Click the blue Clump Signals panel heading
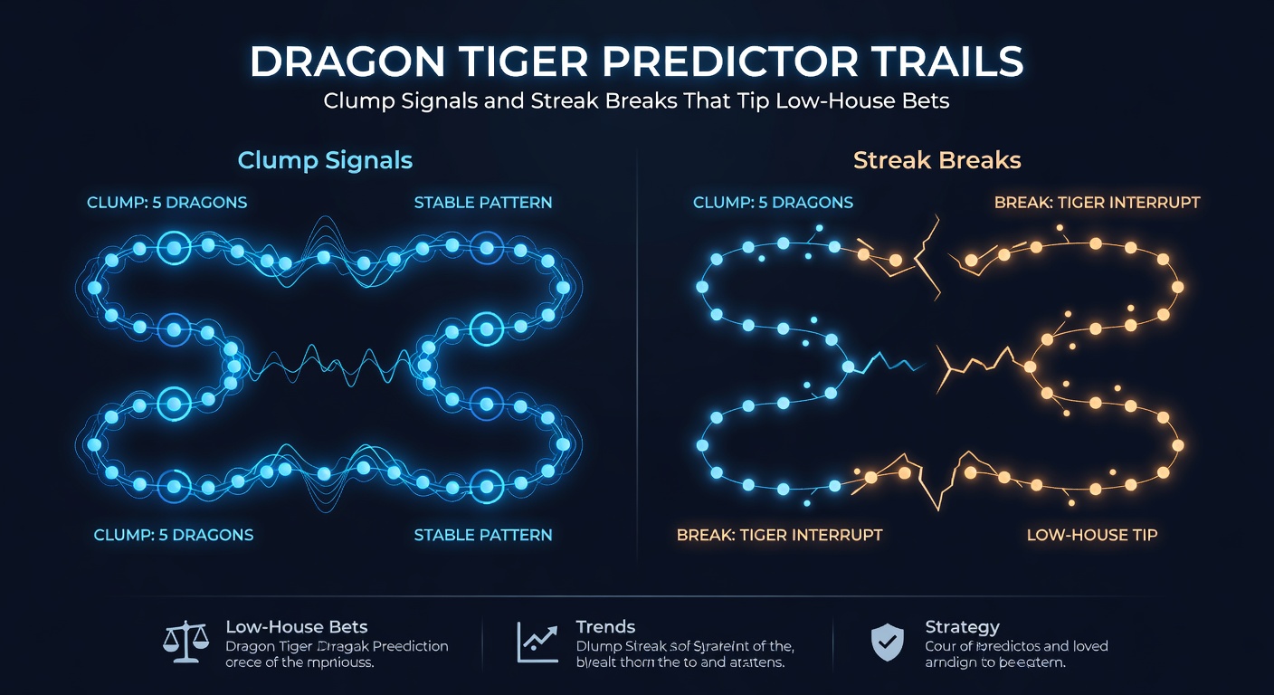tap(325, 161)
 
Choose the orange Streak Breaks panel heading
tap(936, 161)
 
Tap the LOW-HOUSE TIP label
tap(1091, 535)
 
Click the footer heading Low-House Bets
tap(297, 626)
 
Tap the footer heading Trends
tap(605, 626)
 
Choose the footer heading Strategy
tap(962, 626)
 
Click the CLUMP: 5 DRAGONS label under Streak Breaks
tap(773, 202)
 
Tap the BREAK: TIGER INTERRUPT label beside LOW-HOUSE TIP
tap(779, 535)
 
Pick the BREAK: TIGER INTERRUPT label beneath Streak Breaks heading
tap(1097, 202)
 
